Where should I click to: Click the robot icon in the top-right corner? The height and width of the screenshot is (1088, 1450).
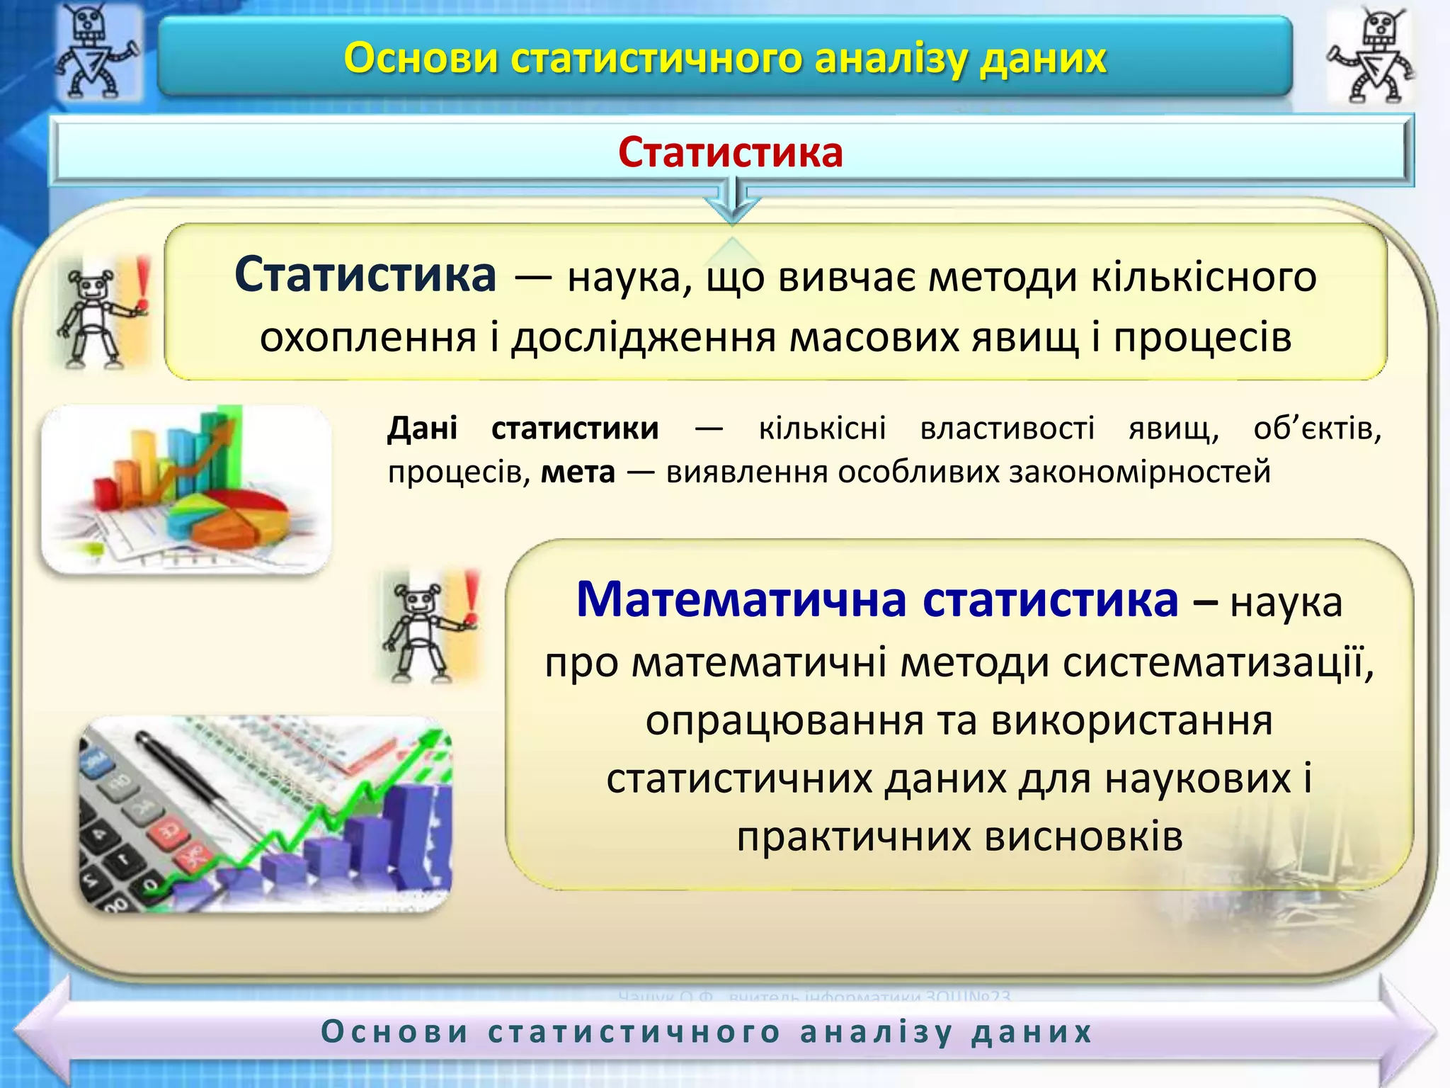(1369, 57)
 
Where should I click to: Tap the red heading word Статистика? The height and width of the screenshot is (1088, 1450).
(730, 152)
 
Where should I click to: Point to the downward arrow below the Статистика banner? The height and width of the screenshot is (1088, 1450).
(732, 202)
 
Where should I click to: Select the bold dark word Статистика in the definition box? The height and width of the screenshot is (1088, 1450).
(365, 275)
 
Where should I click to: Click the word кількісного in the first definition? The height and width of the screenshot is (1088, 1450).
(1204, 277)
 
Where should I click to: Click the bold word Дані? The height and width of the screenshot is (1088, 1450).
(422, 429)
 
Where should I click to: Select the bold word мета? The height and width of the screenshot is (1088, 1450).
(578, 472)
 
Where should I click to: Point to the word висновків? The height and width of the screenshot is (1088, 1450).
(1083, 837)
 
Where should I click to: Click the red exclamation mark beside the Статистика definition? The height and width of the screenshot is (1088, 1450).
(144, 283)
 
